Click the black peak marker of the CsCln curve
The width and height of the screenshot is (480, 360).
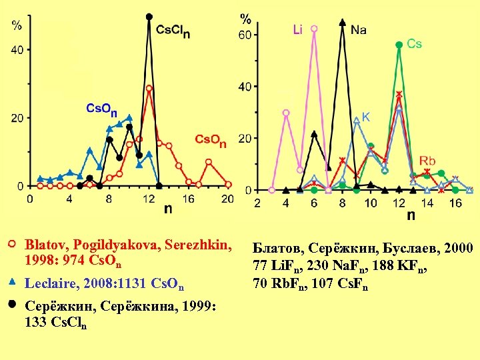click(x=149, y=17)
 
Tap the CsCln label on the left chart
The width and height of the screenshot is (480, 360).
click(x=172, y=31)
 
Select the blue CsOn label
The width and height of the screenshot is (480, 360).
click(x=102, y=109)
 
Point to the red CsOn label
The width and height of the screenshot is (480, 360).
click(x=210, y=140)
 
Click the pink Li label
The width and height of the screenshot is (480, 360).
click(x=298, y=30)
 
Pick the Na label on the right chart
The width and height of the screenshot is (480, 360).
click(x=359, y=29)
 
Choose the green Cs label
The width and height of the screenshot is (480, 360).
click(x=414, y=44)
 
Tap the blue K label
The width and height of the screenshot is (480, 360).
click(x=366, y=117)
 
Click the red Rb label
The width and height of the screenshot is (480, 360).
click(x=427, y=161)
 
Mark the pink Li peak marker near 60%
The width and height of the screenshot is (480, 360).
click(x=314, y=29)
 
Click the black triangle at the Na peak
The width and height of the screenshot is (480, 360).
click(x=342, y=22)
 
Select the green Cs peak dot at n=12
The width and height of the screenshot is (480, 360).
click(x=399, y=45)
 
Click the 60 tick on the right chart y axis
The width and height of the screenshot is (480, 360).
click(x=246, y=35)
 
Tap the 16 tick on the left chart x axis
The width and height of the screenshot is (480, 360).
click(x=188, y=199)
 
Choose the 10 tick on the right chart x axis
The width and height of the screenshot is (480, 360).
click(x=371, y=203)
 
